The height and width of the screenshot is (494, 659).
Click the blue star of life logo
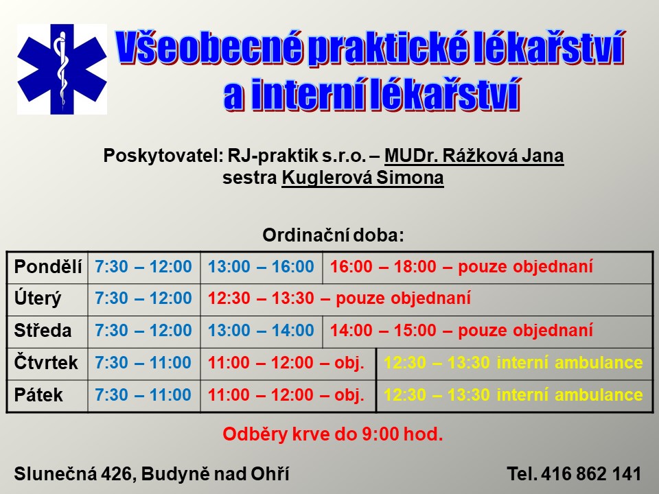pos(62,69)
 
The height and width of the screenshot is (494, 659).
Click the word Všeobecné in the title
pos(209,48)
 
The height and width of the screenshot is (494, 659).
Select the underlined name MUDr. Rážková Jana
pos(474,156)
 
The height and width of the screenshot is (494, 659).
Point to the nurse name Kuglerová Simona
pos(362,177)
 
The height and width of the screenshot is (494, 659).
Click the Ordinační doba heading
pos(334,235)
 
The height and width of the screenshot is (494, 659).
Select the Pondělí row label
pos(48,267)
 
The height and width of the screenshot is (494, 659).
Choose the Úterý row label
pos(38,298)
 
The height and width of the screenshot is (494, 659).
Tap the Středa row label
pos(43,331)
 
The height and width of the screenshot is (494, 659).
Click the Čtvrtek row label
pos(46,362)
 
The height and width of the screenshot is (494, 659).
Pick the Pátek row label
pos(38,395)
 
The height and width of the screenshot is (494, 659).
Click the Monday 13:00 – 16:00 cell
pos(261,267)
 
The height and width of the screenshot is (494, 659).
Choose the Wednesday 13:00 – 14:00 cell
pos(261,331)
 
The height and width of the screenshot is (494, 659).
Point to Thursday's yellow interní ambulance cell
pos(513,362)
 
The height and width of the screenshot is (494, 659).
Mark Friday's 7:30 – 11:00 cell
pos(143,395)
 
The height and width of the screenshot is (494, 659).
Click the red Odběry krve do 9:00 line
pos(333,434)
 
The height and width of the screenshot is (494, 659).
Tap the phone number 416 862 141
pos(591,474)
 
